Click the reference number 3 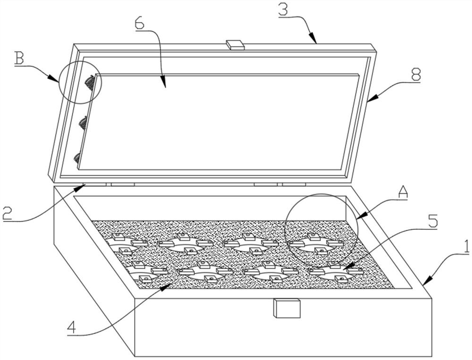click(x=284, y=9)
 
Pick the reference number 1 click(x=465, y=246)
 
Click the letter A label click(x=402, y=191)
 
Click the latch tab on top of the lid click(x=235, y=44)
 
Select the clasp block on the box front click(x=287, y=309)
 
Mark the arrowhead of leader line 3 click(x=315, y=42)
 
